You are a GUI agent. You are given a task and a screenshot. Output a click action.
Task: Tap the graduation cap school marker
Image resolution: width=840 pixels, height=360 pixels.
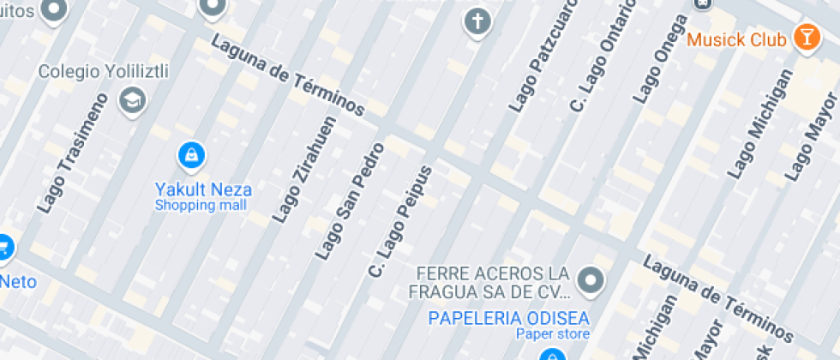point(133,99)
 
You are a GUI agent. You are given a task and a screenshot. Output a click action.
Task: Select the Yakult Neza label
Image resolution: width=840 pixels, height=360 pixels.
point(203,189)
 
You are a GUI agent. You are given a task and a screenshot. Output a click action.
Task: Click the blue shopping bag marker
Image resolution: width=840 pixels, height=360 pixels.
point(191,156)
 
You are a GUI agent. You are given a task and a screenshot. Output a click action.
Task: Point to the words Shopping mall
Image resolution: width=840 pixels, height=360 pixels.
point(201,206)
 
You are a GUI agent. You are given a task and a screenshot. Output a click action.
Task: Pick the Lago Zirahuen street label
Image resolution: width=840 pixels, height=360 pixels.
point(303,171)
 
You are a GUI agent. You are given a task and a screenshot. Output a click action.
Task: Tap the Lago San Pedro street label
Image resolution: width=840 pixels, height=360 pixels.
point(350,201)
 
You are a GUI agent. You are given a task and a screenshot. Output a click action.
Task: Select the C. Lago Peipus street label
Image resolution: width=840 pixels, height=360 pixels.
point(399,221)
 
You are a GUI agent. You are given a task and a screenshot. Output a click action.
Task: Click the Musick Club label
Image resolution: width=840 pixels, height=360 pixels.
point(737,39)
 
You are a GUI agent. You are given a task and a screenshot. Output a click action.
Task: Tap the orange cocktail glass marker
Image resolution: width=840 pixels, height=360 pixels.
point(806,37)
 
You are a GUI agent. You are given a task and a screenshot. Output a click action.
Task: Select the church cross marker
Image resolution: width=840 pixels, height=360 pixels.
point(477,21)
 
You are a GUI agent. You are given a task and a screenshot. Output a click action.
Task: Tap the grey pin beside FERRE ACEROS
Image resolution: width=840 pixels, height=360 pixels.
point(590,279)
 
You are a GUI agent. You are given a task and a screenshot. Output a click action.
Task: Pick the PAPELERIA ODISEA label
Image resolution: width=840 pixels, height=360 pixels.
point(509,318)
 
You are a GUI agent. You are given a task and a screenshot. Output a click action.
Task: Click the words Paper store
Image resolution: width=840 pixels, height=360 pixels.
point(552,334)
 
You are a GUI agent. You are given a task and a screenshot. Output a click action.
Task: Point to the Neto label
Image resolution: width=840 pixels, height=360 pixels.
point(17,281)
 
